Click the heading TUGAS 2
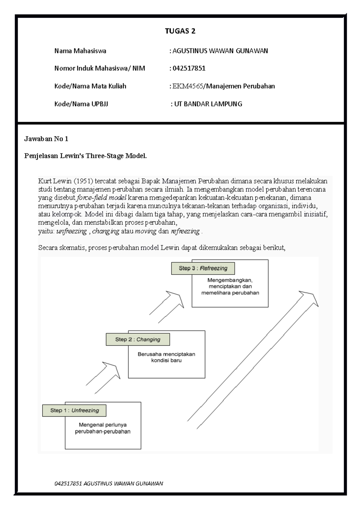click(x=180, y=31)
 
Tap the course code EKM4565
click(x=188, y=86)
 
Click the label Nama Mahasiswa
click(x=80, y=51)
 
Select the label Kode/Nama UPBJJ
click(x=81, y=104)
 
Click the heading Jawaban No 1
click(x=46, y=139)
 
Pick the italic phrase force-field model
click(x=102, y=198)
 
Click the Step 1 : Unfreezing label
click(x=74, y=410)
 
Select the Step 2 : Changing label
click(x=138, y=339)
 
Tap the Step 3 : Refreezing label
click(x=203, y=268)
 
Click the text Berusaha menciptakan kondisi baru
click(x=166, y=357)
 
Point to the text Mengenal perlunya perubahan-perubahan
click(x=103, y=428)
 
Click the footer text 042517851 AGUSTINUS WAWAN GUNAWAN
click(x=109, y=484)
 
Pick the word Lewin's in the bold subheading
click(x=72, y=156)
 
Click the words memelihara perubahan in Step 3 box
click(x=230, y=293)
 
